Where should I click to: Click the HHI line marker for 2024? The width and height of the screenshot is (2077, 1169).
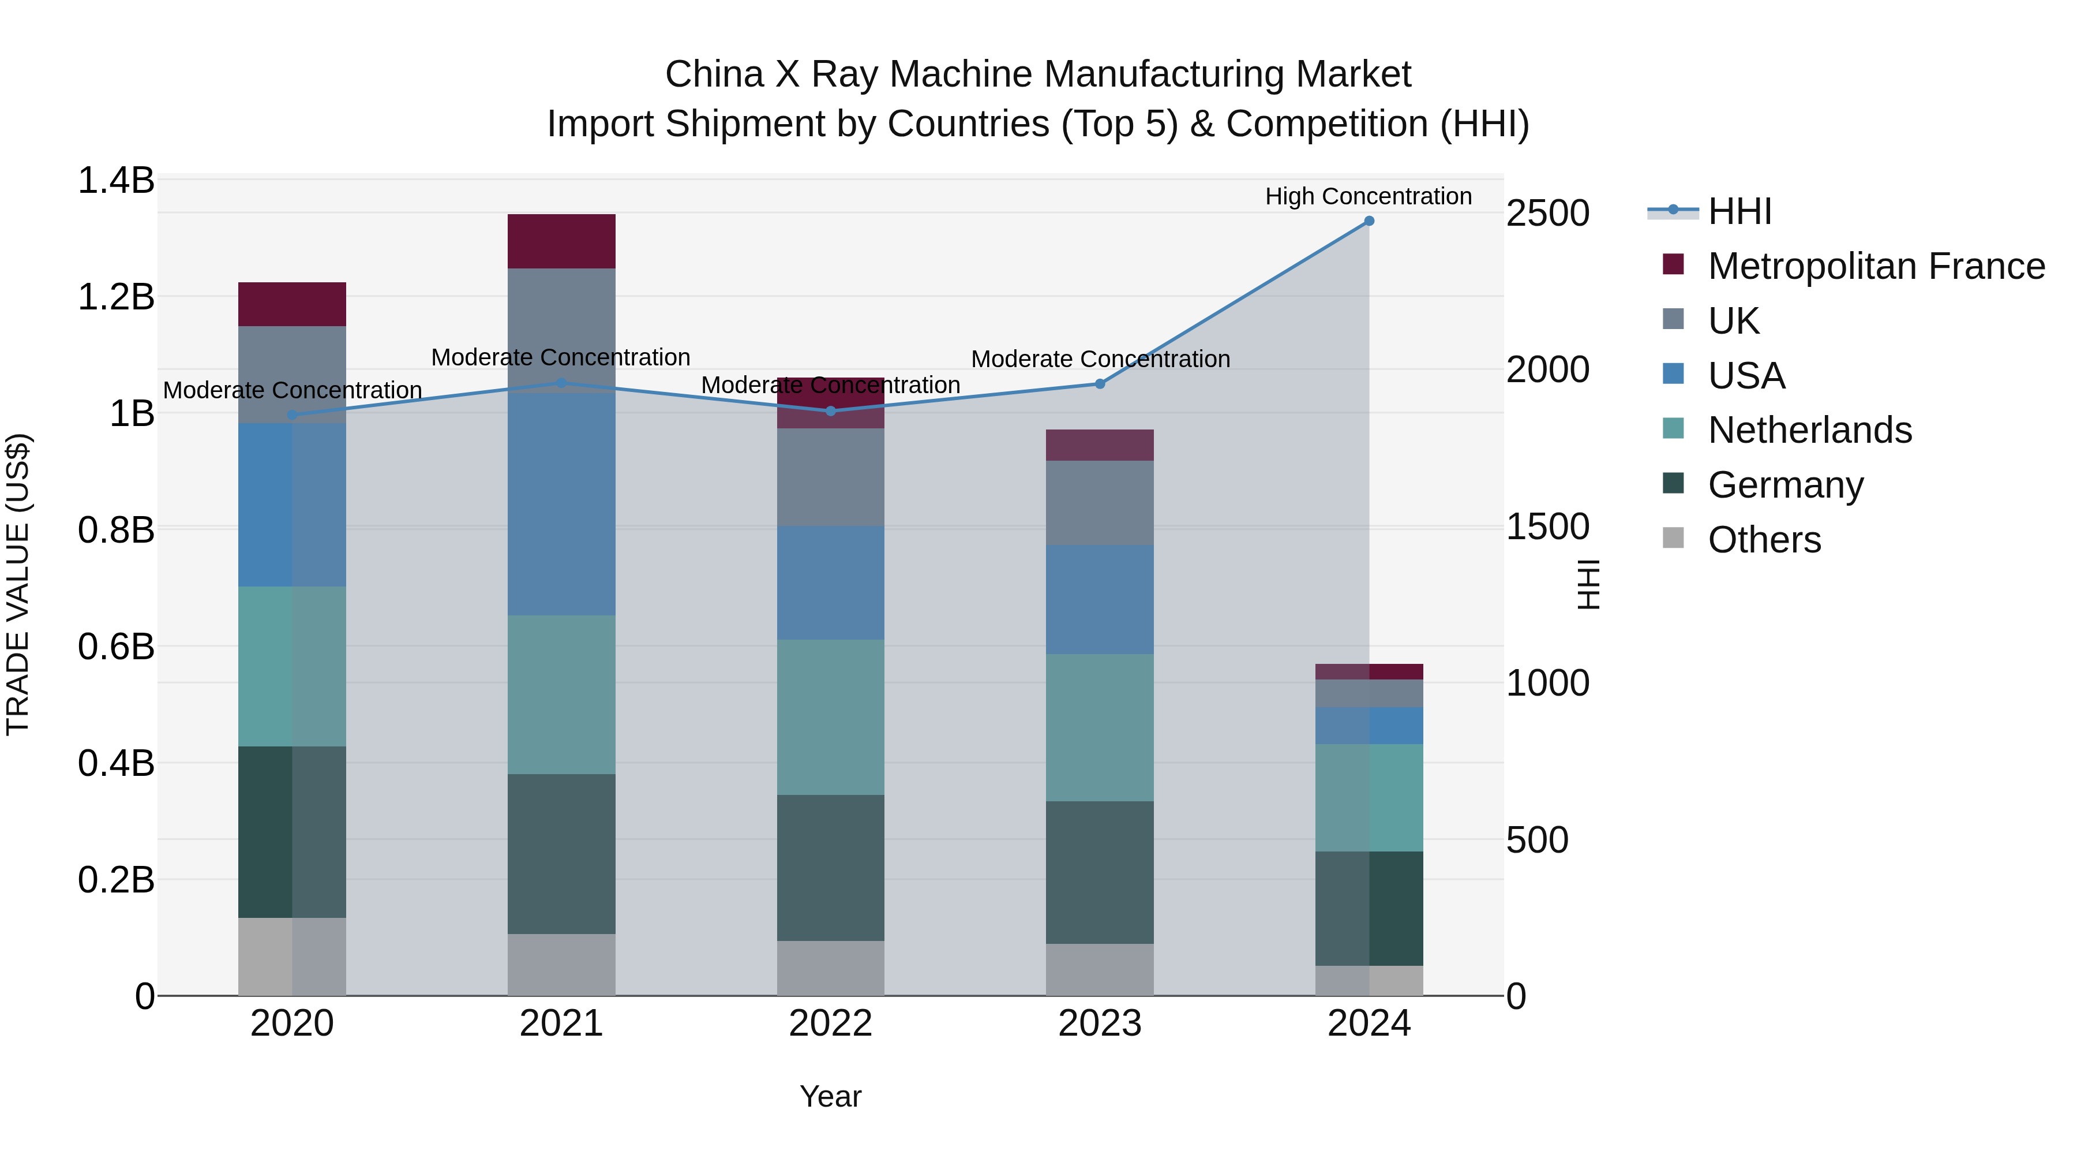pos(1369,221)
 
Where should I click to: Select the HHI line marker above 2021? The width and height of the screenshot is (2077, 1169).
pos(561,383)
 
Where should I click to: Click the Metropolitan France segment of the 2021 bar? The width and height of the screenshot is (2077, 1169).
pos(561,241)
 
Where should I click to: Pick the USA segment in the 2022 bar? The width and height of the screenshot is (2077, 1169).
pos(830,582)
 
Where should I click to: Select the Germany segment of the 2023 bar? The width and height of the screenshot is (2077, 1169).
pos(1099,872)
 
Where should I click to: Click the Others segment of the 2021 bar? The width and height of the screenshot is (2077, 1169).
pos(561,964)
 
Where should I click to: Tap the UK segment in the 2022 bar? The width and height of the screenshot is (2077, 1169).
pos(830,477)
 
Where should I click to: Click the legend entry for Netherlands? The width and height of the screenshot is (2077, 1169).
pos(1809,430)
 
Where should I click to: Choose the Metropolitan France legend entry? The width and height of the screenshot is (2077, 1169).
pos(1876,266)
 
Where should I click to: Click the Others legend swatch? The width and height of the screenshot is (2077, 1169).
pos(1673,538)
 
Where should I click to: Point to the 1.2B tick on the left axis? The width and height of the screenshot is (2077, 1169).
pos(115,297)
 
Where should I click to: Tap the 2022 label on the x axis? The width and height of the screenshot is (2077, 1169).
pos(830,1024)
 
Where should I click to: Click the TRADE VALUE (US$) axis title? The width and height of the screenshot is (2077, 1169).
pos(18,584)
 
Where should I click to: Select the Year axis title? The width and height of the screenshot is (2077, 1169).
pos(830,1096)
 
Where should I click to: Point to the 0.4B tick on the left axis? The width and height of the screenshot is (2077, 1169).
pos(115,763)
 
